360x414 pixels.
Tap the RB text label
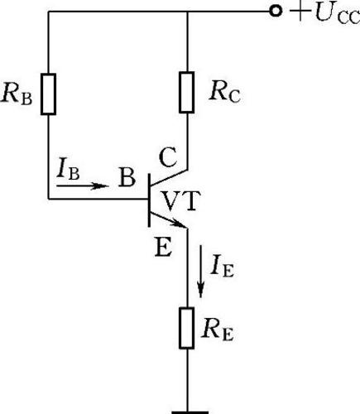pyautogui.click(x=17, y=94)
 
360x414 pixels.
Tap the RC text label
pyautogui.click(x=224, y=93)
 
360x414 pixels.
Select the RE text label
pyautogui.click(x=218, y=330)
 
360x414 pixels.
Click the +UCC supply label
pyautogui.click(x=325, y=14)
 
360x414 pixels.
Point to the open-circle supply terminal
pyautogui.click(x=276, y=12)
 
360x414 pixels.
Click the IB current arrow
pyautogui.click(x=83, y=185)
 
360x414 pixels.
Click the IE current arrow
pyautogui.click(x=201, y=272)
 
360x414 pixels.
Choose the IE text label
pyautogui.click(x=222, y=267)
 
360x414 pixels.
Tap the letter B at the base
pyautogui.click(x=127, y=177)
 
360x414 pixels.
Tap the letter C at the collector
pyautogui.click(x=168, y=157)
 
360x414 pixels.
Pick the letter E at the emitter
pyautogui.click(x=164, y=247)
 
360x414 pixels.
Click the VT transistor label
pyautogui.click(x=180, y=201)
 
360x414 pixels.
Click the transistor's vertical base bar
pyautogui.click(x=149, y=200)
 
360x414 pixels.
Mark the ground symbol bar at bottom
pyautogui.click(x=190, y=412)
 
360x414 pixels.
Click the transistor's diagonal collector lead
pyautogui.click(x=169, y=177)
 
